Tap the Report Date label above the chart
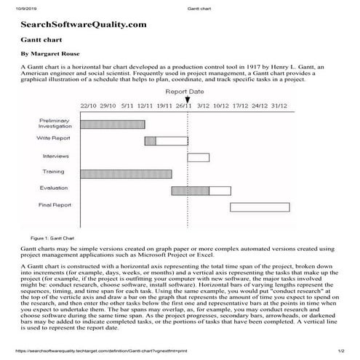pyautogui.click(x=185, y=92)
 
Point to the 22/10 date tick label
pyautogui.click(x=88, y=106)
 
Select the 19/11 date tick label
pyautogui.click(x=164, y=106)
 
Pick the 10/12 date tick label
pyautogui.click(x=221, y=106)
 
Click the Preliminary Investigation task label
pyautogui.click(x=54, y=123)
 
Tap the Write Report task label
pyautogui.click(x=54, y=138)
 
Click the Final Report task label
pyautogui.click(x=55, y=205)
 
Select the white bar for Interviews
pyautogui.click(x=198, y=157)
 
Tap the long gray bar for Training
pyautogui.click(x=126, y=174)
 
